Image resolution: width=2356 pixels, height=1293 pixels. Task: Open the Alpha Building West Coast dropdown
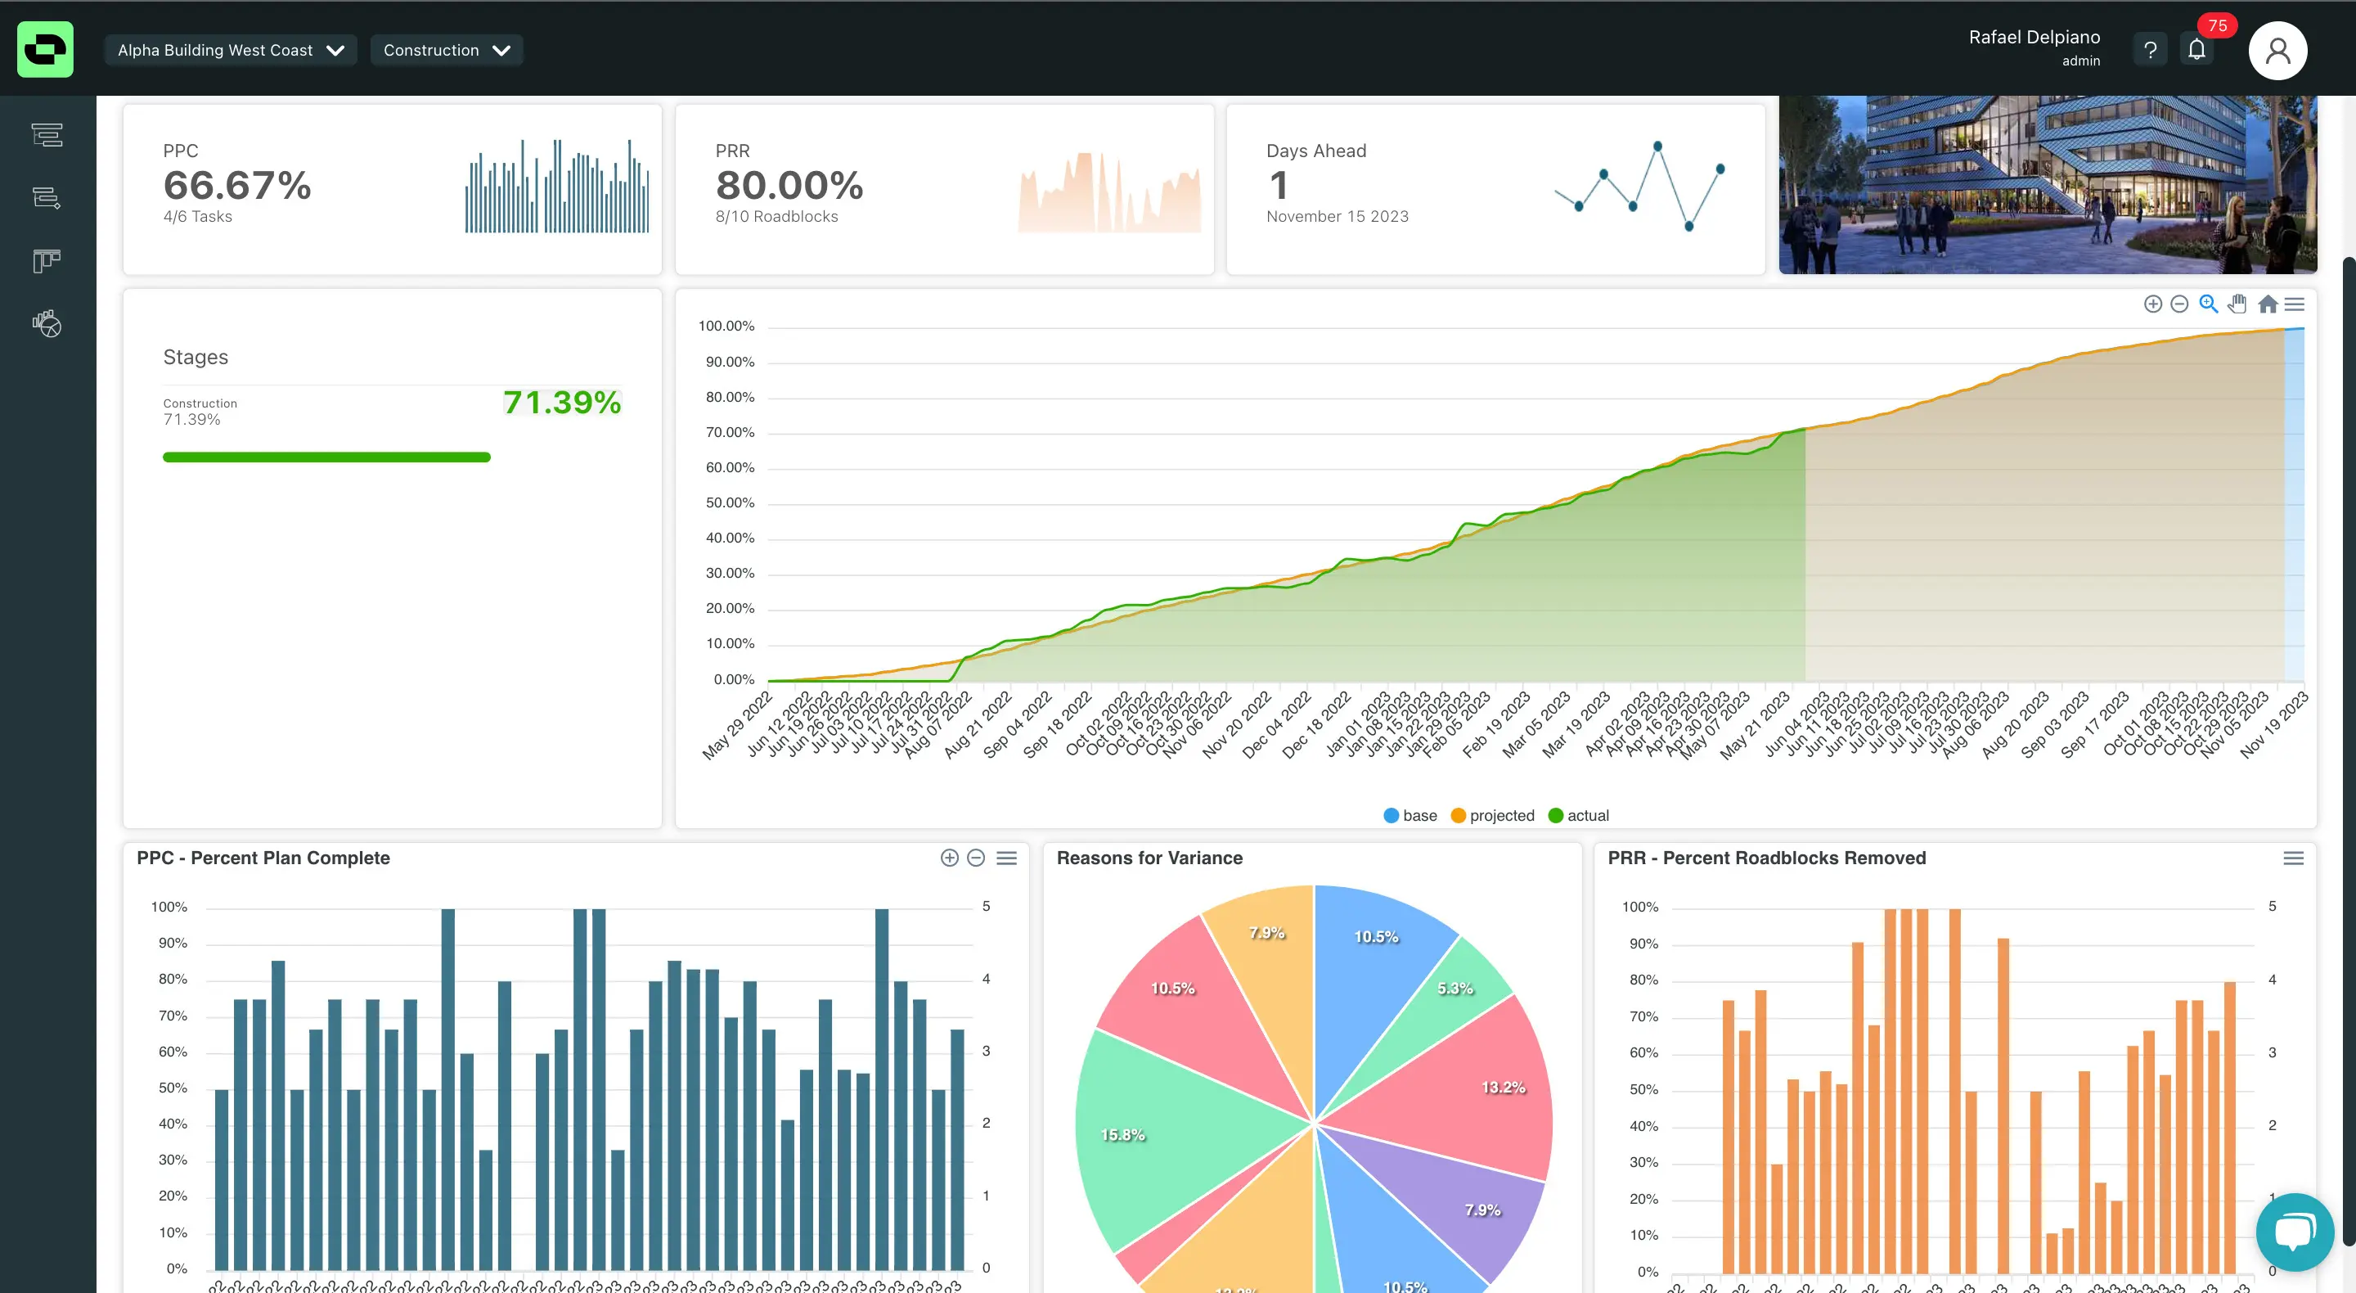230,51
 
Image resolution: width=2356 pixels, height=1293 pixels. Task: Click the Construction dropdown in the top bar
445,51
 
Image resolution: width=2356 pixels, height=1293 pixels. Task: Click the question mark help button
2149,51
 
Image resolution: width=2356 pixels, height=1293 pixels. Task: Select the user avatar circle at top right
2277,52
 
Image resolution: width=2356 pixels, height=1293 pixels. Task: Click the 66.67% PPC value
237,186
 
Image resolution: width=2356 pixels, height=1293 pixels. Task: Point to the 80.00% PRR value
789,186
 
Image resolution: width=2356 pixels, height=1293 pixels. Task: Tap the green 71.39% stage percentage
561,403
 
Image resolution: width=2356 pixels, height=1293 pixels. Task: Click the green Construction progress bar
326,457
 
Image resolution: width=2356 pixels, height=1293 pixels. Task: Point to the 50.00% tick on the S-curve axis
729,502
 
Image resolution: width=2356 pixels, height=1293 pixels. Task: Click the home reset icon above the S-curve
2268,304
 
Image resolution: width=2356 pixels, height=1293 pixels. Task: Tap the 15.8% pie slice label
1122,1135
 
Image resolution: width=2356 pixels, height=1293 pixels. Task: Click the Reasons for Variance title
1149,858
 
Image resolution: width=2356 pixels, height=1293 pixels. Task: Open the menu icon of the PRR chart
2293,858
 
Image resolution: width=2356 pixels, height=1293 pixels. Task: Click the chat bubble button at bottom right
2294,1232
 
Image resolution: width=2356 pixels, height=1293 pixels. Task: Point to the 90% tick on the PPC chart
172,944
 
